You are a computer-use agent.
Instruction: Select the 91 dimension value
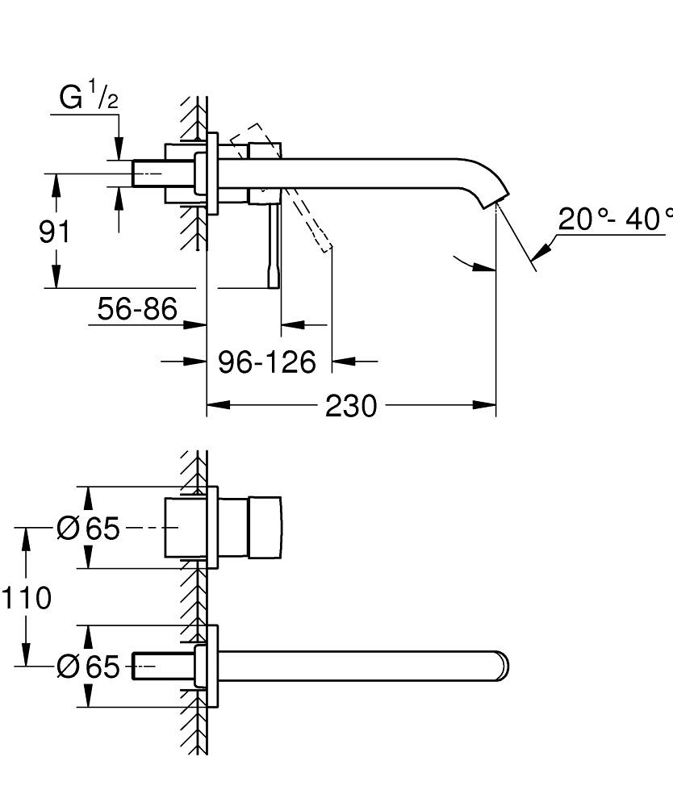coord(55,232)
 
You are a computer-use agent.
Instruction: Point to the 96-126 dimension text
coord(267,362)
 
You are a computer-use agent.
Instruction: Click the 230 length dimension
coord(351,406)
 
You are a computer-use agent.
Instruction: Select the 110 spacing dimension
coord(26,598)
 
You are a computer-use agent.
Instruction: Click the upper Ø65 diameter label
coord(88,529)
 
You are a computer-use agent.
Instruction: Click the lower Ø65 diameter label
coord(88,667)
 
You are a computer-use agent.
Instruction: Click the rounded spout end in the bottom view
coord(503,667)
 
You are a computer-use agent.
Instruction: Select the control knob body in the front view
coord(265,528)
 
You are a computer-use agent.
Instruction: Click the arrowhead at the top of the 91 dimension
coord(56,182)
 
